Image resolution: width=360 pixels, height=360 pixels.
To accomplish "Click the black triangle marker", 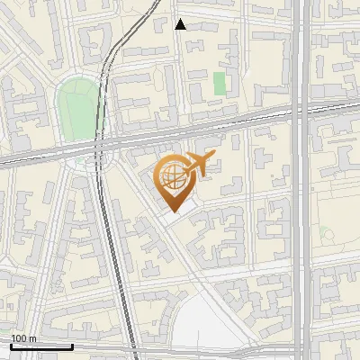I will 180,24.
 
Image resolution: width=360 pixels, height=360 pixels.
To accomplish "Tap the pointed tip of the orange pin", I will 171,211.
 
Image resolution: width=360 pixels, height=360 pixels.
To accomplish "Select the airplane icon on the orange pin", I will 199,164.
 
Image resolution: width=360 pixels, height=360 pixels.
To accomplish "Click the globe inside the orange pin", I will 170,175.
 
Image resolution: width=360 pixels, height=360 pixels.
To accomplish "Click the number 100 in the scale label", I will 19,338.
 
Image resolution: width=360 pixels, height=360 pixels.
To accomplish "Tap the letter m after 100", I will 32,338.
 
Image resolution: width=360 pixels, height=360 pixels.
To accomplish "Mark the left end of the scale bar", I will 11,346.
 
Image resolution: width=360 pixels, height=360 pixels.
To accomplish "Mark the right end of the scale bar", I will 72,346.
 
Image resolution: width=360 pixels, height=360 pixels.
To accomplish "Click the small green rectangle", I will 220,84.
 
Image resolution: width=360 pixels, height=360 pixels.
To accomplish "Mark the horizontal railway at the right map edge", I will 355,104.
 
